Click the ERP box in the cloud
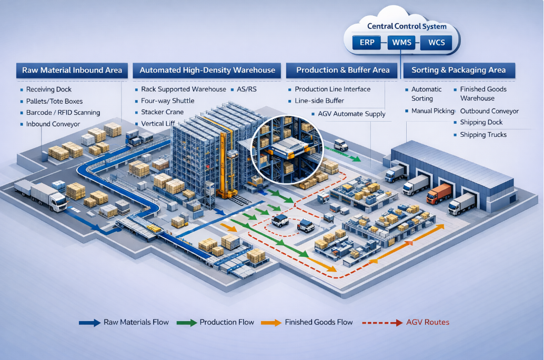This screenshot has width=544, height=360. pos(367,43)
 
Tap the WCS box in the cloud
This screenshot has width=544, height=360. pos(436,43)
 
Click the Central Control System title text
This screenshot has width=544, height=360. pos(407,26)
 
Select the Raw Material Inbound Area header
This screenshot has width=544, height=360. pos(72,70)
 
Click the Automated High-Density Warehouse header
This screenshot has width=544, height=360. pos(207,70)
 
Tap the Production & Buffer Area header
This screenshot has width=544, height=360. pos(342,70)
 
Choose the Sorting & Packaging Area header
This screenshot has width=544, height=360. pos(458,70)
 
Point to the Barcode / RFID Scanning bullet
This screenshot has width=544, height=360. pos(63,113)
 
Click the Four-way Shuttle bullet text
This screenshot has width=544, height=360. pos(167,101)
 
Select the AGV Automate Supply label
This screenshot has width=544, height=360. pos(351,114)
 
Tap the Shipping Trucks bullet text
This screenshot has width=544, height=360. pos(483,135)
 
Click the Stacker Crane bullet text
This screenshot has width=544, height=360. pos(162,112)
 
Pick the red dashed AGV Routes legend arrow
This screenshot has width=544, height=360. pos(381,322)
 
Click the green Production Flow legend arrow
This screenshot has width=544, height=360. pos(187,322)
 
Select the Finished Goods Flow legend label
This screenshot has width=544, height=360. pos(318,322)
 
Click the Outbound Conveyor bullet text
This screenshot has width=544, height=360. pos(489,111)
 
